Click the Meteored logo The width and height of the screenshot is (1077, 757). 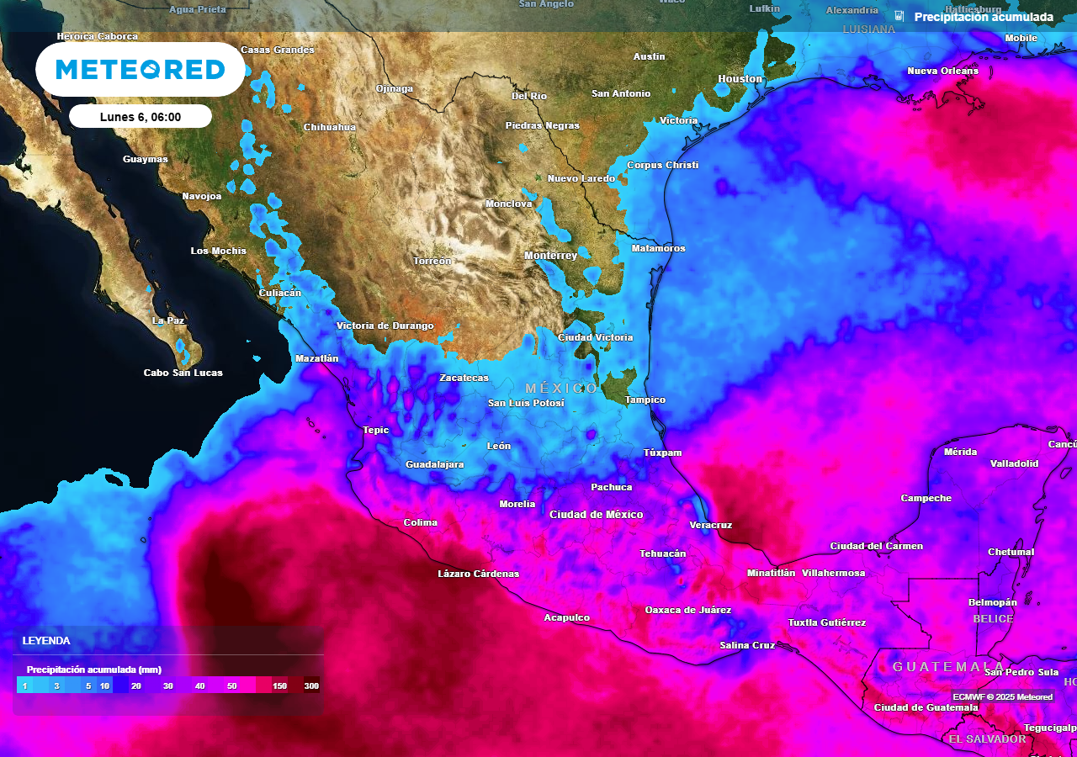[141, 69]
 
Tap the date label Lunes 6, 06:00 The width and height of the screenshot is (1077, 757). [141, 117]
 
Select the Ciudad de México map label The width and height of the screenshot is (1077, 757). [596, 515]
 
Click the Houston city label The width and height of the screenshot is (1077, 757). [740, 79]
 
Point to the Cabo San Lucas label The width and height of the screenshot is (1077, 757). [183, 373]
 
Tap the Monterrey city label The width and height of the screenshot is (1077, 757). [550, 256]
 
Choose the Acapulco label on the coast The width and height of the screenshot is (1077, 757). [566, 618]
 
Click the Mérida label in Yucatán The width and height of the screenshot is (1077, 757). [960, 453]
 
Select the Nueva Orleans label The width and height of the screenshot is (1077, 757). [942, 71]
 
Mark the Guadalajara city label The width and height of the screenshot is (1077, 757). [434, 465]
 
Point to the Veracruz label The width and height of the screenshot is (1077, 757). [710, 525]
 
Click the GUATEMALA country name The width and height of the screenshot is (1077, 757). [948, 667]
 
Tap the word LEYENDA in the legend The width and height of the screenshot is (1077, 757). [46, 641]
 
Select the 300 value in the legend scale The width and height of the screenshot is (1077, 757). [311, 686]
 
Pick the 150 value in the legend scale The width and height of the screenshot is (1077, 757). [279, 686]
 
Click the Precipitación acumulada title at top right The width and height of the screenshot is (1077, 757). [983, 17]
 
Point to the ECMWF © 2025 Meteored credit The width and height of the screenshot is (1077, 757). [1002, 696]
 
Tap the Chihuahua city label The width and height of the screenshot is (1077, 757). [329, 128]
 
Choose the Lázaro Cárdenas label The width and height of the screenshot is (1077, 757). [478, 574]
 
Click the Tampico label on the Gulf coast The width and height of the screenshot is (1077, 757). [645, 400]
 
